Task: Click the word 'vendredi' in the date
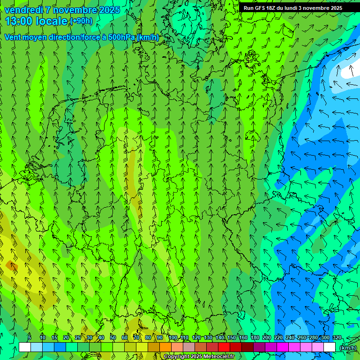pyautogui.click(x=23, y=10)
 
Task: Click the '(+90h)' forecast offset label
pyautogui.click(x=81, y=21)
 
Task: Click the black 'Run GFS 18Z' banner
pyautogui.click(x=293, y=8)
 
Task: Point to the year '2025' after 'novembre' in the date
pyautogui.click(x=109, y=10)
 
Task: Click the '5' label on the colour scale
pyautogui.click(x=30, y=338)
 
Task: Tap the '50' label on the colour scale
pyautogui.click(x=113, y=338)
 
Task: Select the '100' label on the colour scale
pyautogui.click(x=172, y=338)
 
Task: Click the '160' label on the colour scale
pyautogui.click(x=243, y=338)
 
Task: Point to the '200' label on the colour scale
pyautogui.click(x=267, y=338)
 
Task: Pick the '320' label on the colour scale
pyautogui.click(x=337, y=338)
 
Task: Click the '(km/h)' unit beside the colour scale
pyautogui.click(x=348, y=348)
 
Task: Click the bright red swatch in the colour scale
pyautogui.click(x=224, y=347)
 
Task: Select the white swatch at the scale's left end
pyautogui.click(x=25, y=347)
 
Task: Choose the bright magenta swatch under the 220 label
pyautogui.click(x=283, y=347)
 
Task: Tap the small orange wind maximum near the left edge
pyautogui.click(x=11, y=266)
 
